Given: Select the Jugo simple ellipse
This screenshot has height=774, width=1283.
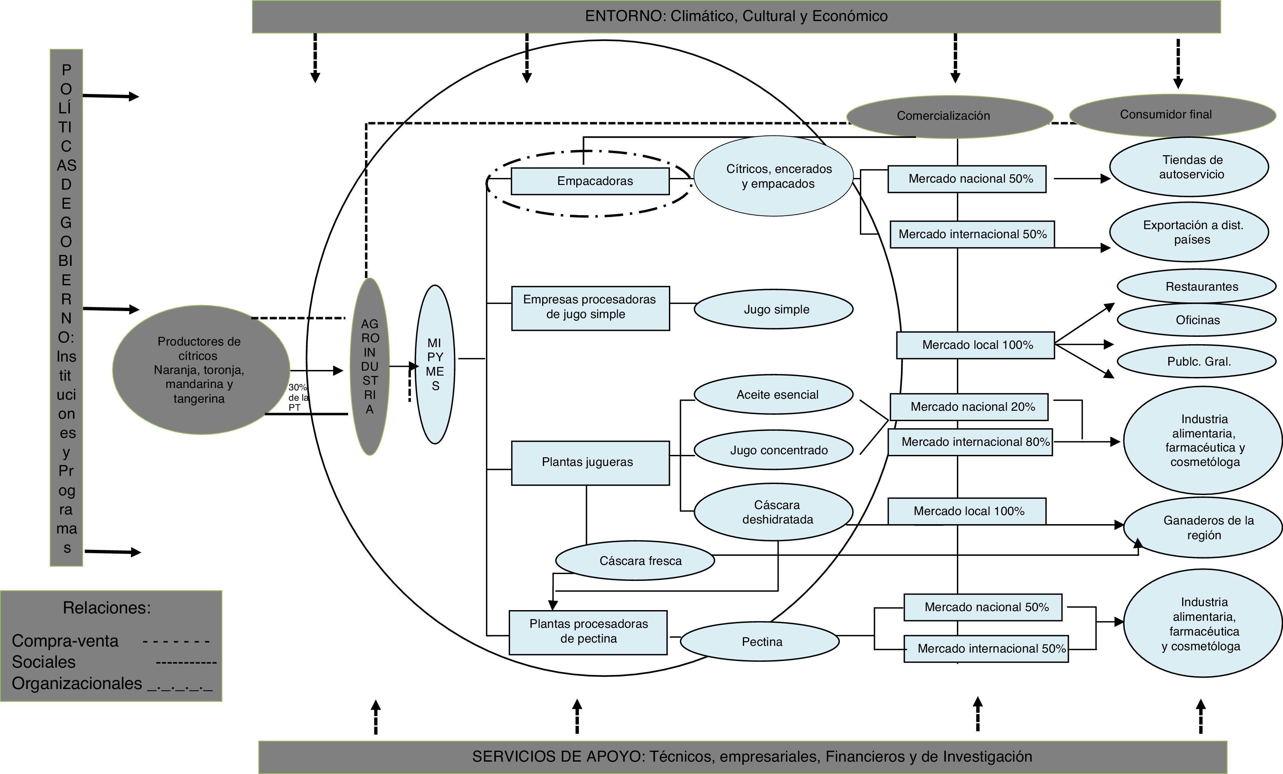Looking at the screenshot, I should click(773, 309).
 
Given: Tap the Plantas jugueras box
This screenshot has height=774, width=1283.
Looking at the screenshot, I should click(590, 463).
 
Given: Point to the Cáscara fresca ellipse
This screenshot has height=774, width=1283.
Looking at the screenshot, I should click(635, 561).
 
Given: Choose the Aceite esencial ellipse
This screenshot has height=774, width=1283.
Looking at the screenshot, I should click(773, 394).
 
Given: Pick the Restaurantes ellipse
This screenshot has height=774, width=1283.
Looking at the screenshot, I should click(1197, 286).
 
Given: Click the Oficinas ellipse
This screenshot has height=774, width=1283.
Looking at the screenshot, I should click(1197, 320).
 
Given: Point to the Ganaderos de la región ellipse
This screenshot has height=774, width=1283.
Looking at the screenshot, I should click(1203, 527).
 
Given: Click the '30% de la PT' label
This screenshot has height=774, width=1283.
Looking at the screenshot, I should click(298, 397).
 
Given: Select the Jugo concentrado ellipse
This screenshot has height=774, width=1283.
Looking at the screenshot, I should click(773, 450).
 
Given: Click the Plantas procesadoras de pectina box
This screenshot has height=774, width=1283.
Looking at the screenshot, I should click(588, 632).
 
